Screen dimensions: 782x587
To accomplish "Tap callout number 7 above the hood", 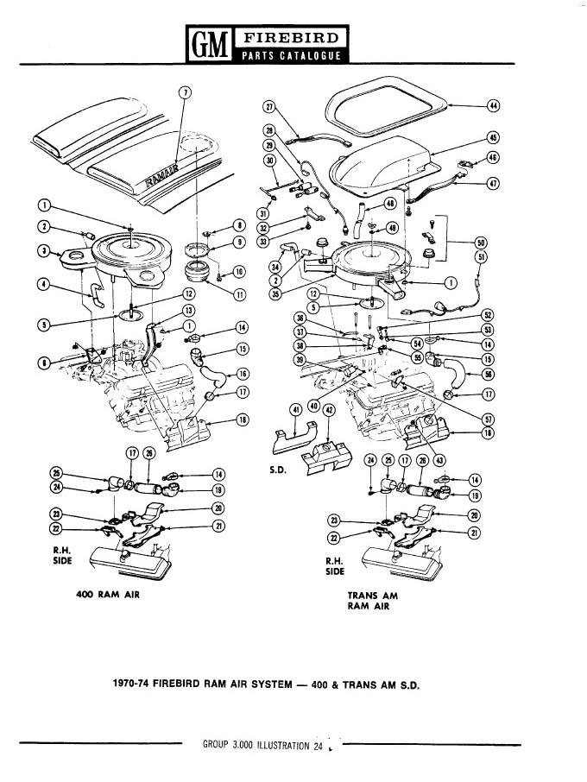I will (x=183, y=92).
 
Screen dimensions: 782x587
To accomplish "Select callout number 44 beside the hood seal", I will (x=494, y=105).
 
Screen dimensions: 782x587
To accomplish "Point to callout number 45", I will (x=494, y=137).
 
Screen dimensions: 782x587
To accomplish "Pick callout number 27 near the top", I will (x=269, y=106).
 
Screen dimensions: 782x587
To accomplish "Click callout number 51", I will (x=481, y=255).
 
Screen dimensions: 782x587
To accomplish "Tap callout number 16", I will (x=243, y=374).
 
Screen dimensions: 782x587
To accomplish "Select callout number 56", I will (x=488, y=374).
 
